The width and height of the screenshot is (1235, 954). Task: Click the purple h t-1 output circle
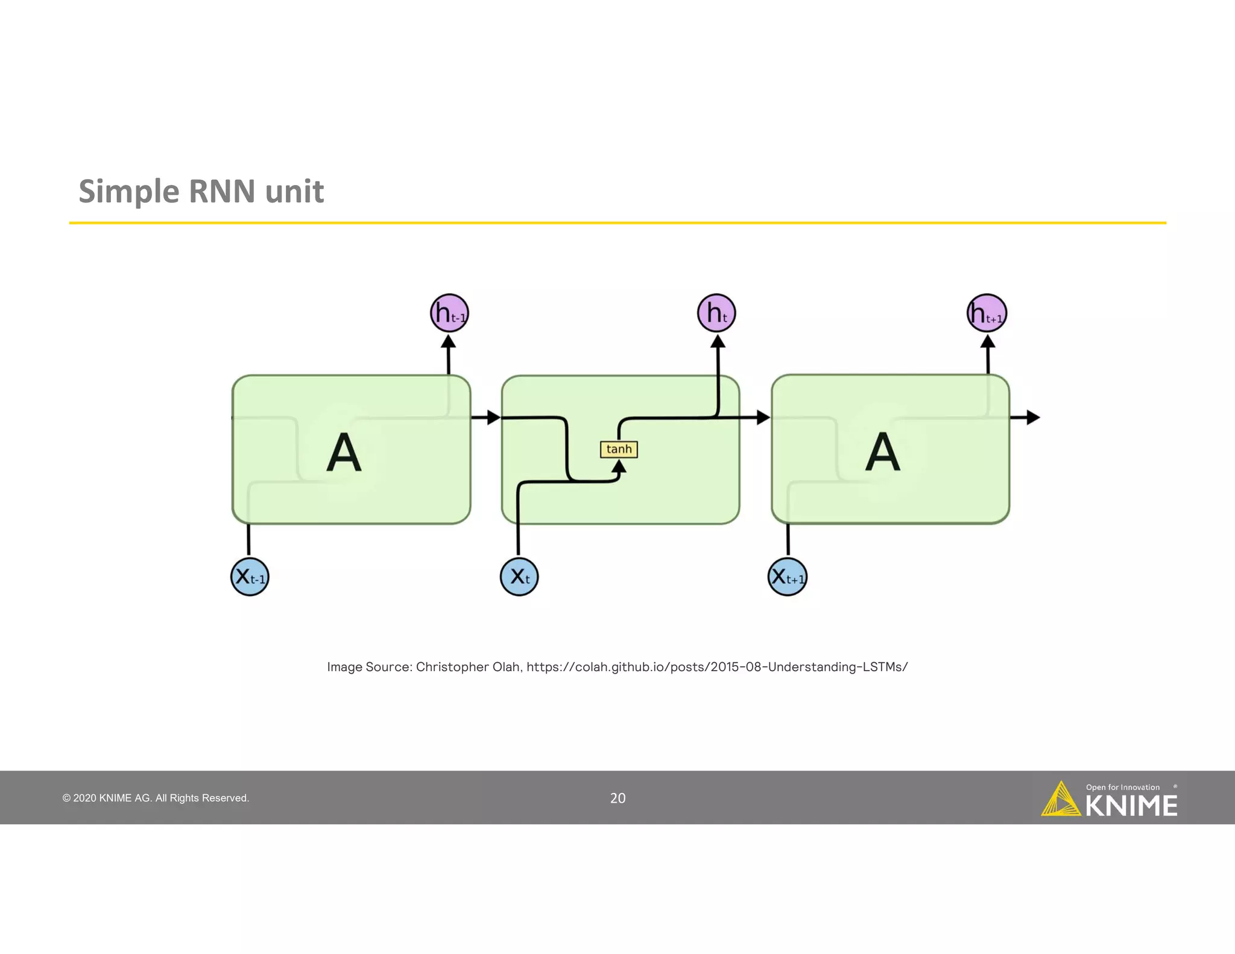click(x=449, y=313)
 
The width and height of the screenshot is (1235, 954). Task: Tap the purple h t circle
click(x=716, y=313)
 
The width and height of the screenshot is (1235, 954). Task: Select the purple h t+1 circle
click(x=987, y=313)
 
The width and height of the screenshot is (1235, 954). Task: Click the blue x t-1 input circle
click(x=250, y=577)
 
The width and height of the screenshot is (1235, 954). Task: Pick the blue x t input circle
click(x=519, y=577)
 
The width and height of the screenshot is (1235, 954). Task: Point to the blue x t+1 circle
click(x=788, y=577)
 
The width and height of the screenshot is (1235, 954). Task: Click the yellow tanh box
click(x=619, y=449)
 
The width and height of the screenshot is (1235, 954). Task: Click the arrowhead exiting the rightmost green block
click(x=1033, y=417)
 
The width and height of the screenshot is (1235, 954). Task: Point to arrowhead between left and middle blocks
click(x=493, y=417)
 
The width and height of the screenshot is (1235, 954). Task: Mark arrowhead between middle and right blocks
click(x=763, y=417)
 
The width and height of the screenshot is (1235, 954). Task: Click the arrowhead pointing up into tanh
click(x=619, y=466)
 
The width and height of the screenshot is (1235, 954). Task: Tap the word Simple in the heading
click(x=128, y=191)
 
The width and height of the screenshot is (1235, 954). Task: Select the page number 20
click(x=617, y=798)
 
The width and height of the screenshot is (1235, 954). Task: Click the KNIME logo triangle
click(x=1060, y=801)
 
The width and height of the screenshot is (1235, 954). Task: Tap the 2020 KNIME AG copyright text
click(x=156, y=798)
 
